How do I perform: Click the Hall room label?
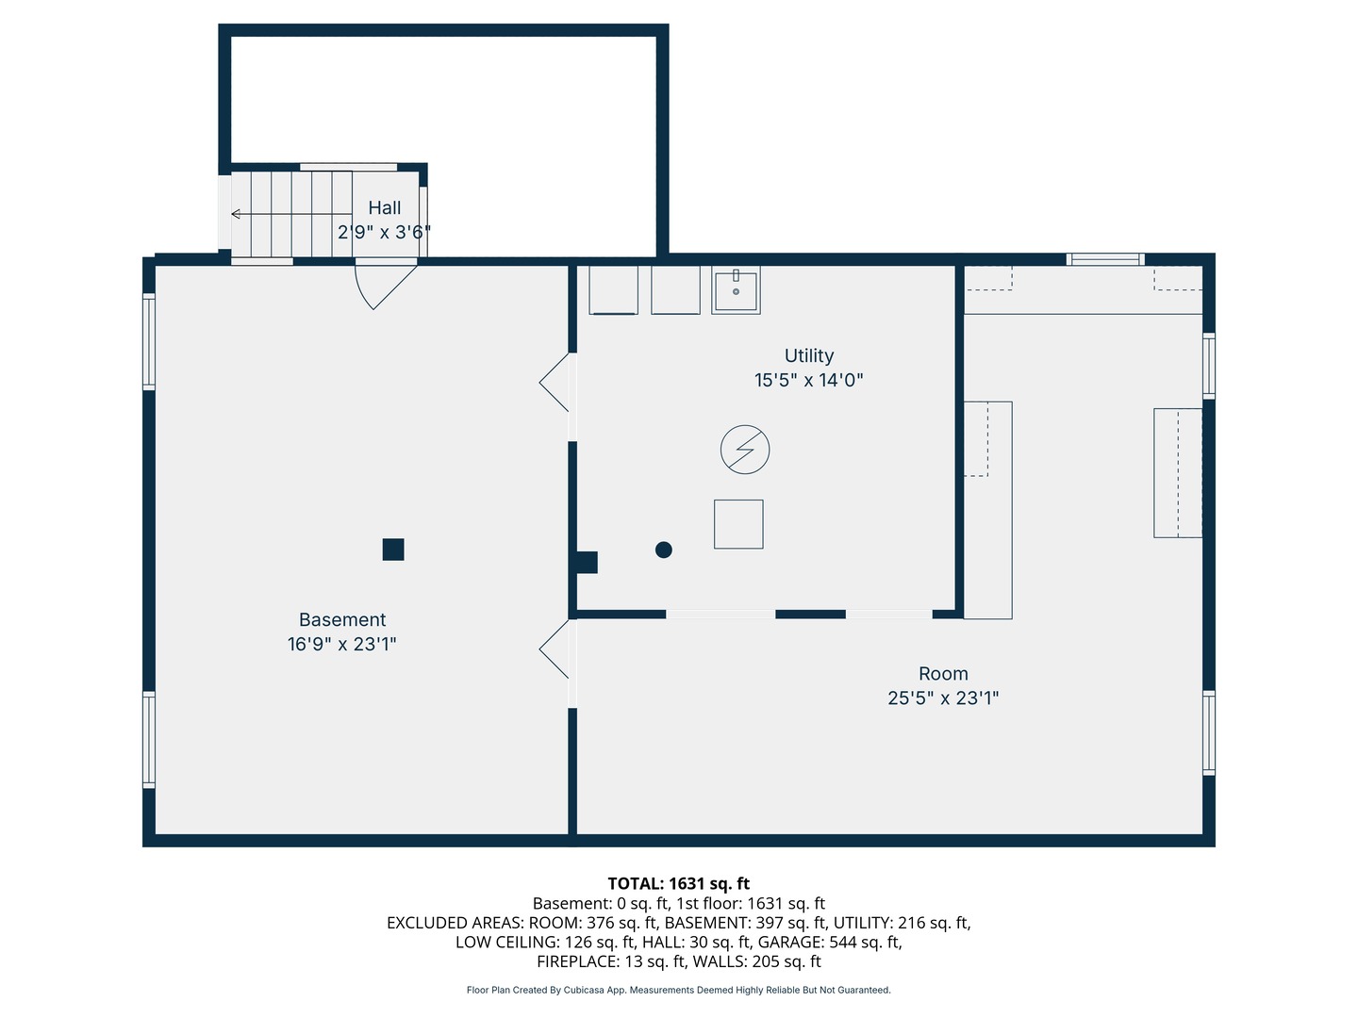click(384, 207)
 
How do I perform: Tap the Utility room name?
click(808, 355)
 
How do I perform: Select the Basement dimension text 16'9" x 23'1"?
click(341, 644)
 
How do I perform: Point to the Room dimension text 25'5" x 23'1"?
click(943, 698)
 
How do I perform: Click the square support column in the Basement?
click(393, 549)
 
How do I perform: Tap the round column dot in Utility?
click(663, 550)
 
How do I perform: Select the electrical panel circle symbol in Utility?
click(745, 450)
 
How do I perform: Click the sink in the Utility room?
click(736, 290)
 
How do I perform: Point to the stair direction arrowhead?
click(235, 214)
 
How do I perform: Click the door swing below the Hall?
click(385, 287)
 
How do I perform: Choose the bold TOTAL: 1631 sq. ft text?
click(679, 883)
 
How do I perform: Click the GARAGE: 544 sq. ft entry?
click(830, 942)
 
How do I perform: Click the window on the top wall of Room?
click(1105, 259)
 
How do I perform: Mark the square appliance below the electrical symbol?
click(738, 524)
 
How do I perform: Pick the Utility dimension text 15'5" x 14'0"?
click(808, 380)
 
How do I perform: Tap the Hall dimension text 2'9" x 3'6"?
click(384, 233)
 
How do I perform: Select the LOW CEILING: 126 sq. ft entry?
click(545, 942)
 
